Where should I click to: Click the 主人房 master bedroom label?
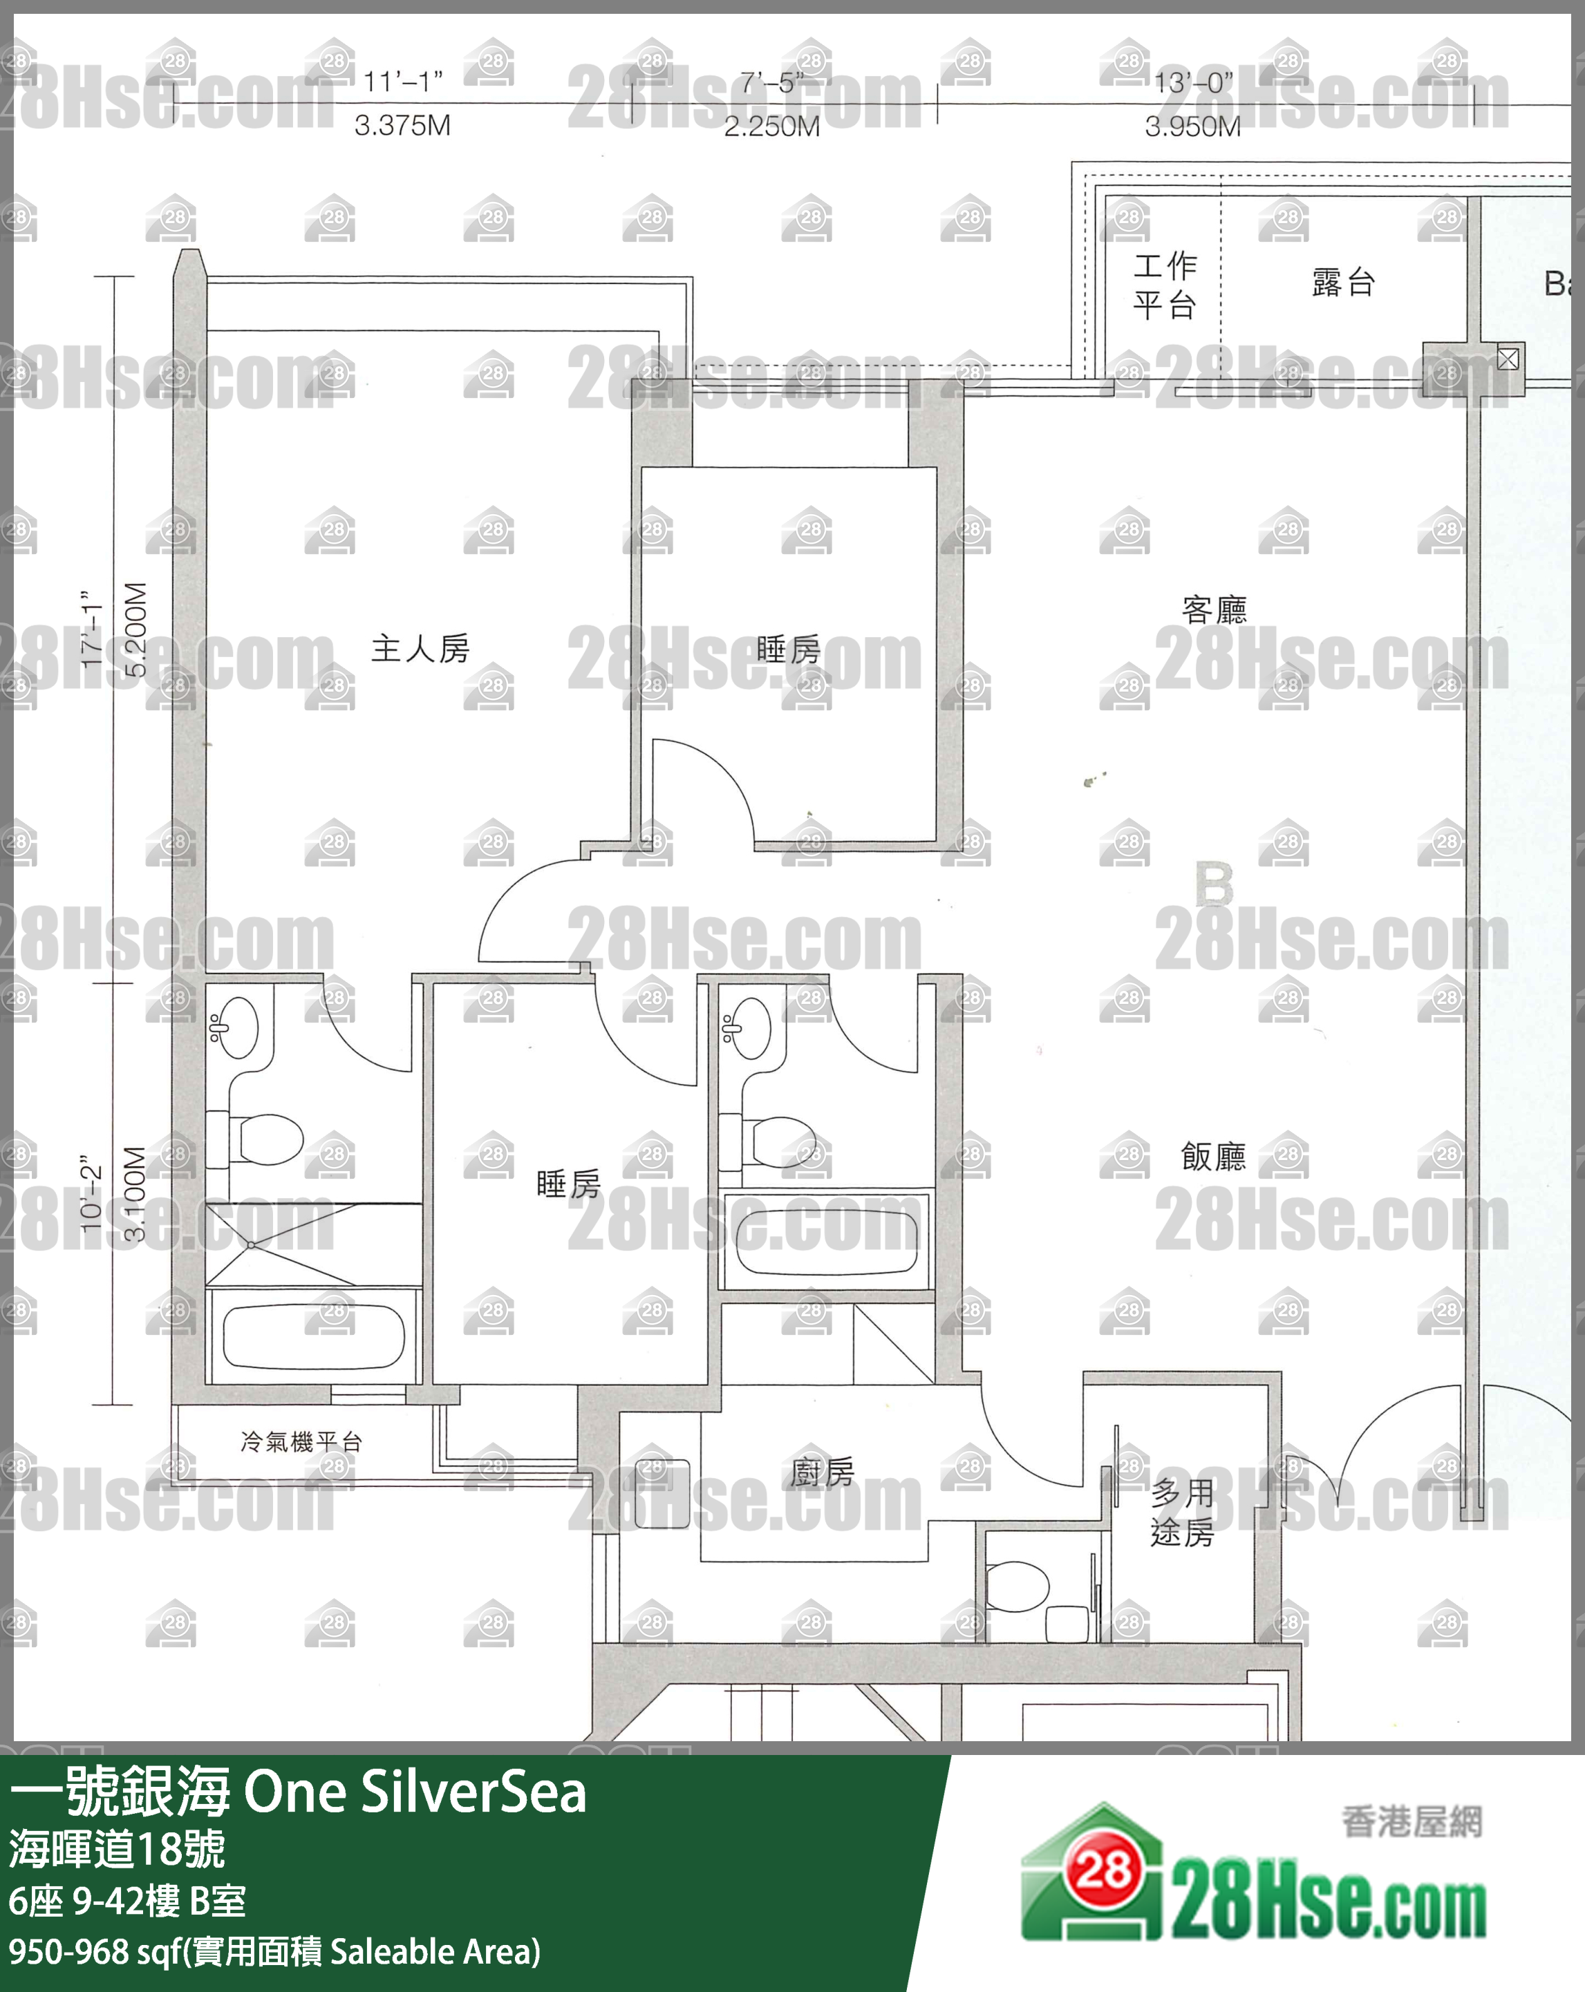tap(420, 649)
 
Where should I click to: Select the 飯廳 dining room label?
tap(1214, 1156)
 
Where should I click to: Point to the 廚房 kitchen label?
tap(822, 1472)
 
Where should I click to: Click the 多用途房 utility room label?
tap(1182, 1512)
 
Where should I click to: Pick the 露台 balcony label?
tap(1343, 283)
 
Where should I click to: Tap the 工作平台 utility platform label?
tap(1165, 285)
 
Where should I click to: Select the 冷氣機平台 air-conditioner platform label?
tap(301, 1441)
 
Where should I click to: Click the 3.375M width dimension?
tap(402, 126)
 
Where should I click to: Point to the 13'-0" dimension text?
tap(1193, 83)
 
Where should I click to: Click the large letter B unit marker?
tap(1214, 884)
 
